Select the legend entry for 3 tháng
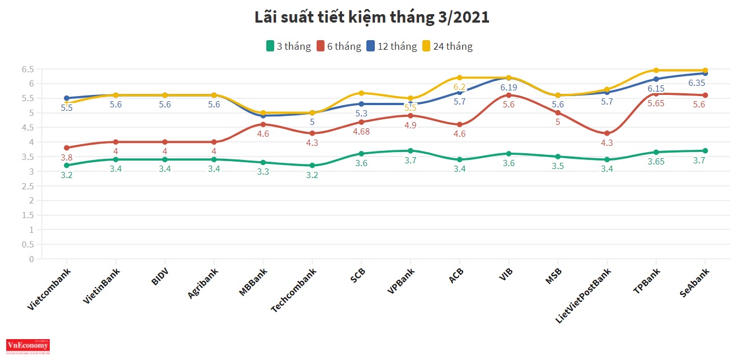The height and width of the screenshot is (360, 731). (x=288, y=46)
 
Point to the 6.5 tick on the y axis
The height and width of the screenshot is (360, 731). (x=28, y=70)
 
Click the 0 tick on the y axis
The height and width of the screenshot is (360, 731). (x=31, y=259)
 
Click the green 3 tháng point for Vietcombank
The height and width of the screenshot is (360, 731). (x=67, y=166)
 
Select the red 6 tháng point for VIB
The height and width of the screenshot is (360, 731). (x=509, y=95)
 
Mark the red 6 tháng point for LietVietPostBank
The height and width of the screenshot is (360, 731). (x=607, y=133)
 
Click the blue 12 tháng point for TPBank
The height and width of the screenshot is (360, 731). (x=656, y=79)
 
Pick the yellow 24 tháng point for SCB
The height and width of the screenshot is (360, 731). (x=361, y=93)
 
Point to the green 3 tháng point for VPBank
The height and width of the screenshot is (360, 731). (x=410, y=151)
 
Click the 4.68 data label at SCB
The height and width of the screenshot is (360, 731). (x=361, y=132)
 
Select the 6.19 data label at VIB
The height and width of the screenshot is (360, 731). (x=509, y=87)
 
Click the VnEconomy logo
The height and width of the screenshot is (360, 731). (x=28, y=345)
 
